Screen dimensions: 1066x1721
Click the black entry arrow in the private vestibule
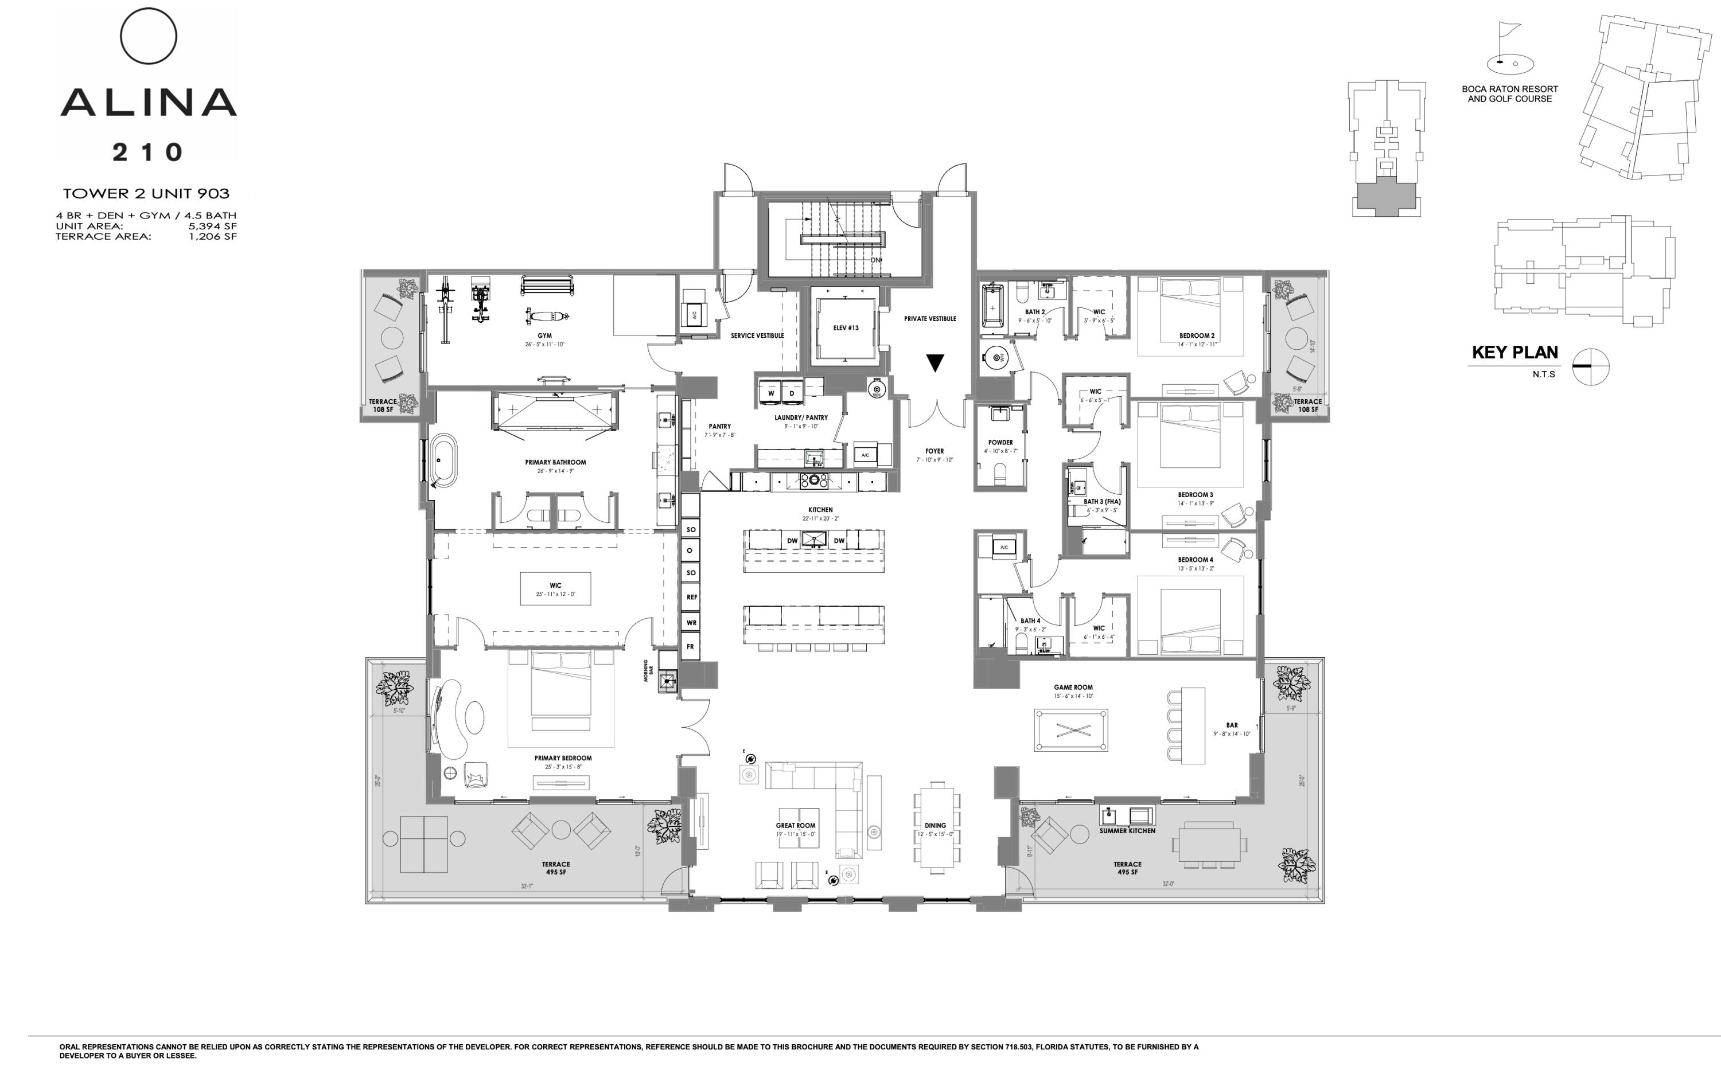pyautogui.click(x=935, y=363)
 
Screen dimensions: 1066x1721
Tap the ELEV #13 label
pyautogui.click(x=846, y=328)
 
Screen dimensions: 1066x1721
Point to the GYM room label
pyautogui.click(x=544, y=335)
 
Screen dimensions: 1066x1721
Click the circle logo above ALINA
pyautogui.click(x=148, y=36)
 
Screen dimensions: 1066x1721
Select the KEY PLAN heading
pyautogui.click(x=1514, y=353)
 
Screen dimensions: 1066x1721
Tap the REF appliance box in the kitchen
pyautogui.click(x=691, y=597)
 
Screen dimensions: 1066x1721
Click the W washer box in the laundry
pyautogui.click(x=771, y=393)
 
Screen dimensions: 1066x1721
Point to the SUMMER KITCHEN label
pyautogui.click(x=1127, y=830)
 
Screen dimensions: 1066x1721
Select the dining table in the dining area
pyautogui.click(x=937, y=827)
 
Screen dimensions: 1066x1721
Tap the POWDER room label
pyautogui.click(x=1000, y=443)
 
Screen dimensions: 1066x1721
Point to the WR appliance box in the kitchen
pyautogui.click(x=691, y=623)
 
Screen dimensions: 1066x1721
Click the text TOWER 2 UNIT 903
pyautogui.click(x=146, y=193)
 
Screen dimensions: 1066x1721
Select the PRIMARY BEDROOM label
pyautogui.click(x=563, y=758)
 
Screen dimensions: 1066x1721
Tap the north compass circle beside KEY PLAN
pyautogui.click(x=1591, y=366)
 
